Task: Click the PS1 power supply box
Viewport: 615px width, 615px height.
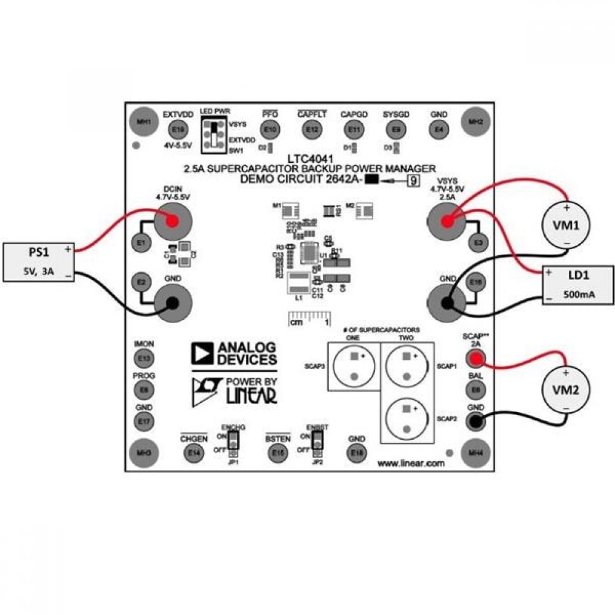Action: [39, 262]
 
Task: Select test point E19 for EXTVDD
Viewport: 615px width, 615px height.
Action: [178, 130]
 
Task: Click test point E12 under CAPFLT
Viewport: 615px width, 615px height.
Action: [312, 130]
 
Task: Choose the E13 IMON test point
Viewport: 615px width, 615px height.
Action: [145, 358]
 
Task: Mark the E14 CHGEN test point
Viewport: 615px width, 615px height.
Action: [194, 453]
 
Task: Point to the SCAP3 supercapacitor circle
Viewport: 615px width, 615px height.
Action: [354, 366]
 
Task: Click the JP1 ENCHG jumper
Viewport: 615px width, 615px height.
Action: [232, 441]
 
